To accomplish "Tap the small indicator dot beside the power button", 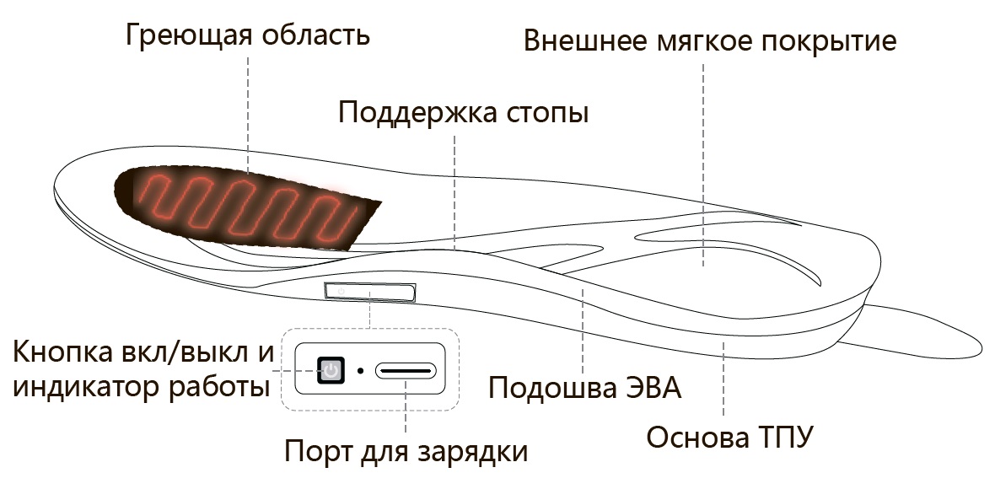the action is (360, 370).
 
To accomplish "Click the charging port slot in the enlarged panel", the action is (406, 370).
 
